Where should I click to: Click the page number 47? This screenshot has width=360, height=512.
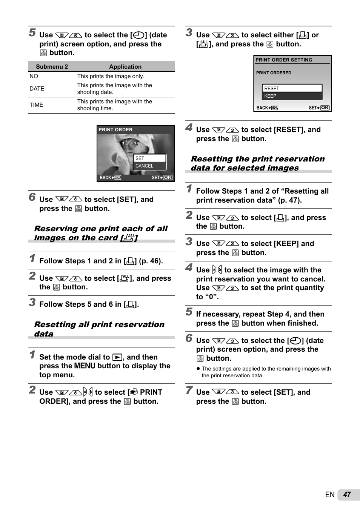pyautogui.click(x=347, y=495)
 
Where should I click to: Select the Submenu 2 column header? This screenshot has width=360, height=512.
pyautogui.click(x=52, y=67)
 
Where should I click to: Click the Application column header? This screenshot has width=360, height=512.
pyautogui.click(x=125, y=67)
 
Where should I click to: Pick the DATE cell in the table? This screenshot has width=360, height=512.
pyautogui.click(x=37, y=89)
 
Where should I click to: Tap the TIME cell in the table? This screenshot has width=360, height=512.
pyautogui.click(x=37, y=105)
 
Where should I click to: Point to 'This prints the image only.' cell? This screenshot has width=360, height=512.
pyautogui.click(x=111, y=76)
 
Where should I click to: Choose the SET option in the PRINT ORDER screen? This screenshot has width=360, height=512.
pyautogui.click(x=150, y=158)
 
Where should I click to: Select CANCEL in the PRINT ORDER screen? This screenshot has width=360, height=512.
pyautogui.click(x=150, y=166)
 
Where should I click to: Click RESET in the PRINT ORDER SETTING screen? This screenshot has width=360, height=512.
pyautogui.click(x=292, y=89)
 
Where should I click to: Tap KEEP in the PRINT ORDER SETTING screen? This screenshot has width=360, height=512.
pyautogui.click(x=292, y=96)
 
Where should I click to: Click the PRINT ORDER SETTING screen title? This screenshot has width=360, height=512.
pyautogui.click(x=284, y=60)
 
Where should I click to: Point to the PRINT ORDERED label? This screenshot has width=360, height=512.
pyautogui.click(x=274, y=73)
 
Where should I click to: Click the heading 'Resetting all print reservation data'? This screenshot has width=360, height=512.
pyautogui.click(x=99, y=329)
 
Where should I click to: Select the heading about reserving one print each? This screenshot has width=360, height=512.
pyautogui.click(x=101, y=233)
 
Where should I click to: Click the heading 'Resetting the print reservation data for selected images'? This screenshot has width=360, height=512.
pyautogui.click(x=258, y=163)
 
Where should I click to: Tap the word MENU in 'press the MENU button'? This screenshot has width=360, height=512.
pyautogui.click(x=85, y=366)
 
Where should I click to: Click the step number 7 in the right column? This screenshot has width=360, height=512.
pyautogui.click(x=189, y=391)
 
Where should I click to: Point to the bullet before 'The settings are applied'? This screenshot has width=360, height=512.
pyautogui.click(x=198, y=369)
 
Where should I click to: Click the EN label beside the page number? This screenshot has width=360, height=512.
pyautogui.click(x=330, y=495)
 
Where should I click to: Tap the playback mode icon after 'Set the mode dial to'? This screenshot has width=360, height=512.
pyautogui.click(x=118, y=357)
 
